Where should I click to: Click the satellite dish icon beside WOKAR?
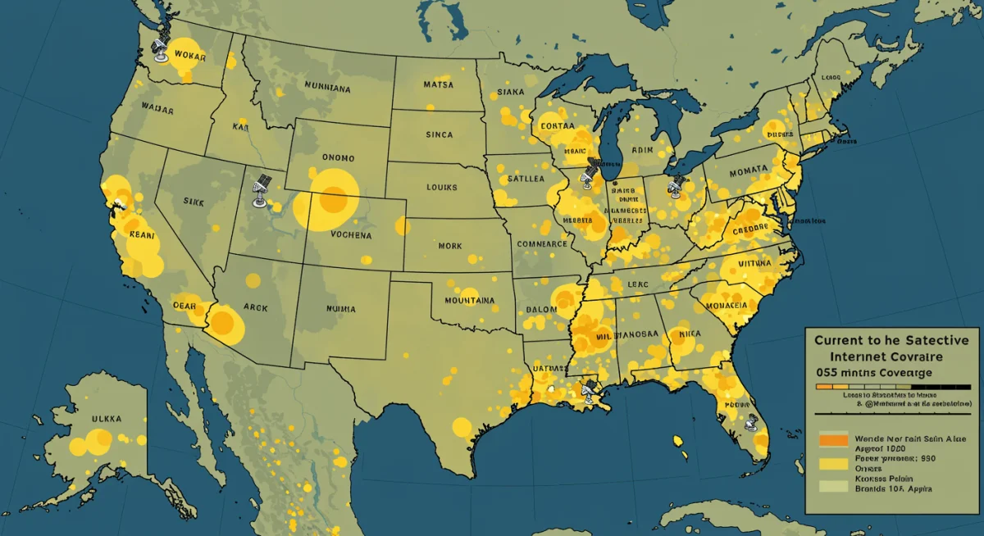pos(161,50)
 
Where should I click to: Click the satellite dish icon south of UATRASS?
pos(588,391)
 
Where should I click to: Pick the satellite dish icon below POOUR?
pos(750,425)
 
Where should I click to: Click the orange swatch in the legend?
pos(831,440)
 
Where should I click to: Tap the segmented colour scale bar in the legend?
pos(881,385)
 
